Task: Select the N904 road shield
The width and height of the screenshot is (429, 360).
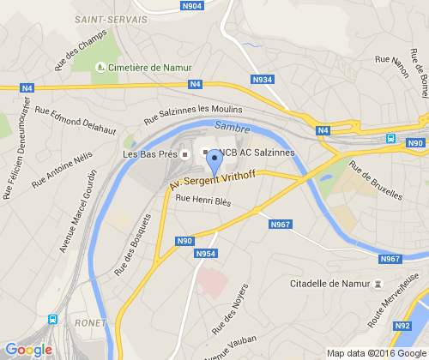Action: (x=193, y=6)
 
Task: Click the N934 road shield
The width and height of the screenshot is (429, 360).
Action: (x=263, y=80)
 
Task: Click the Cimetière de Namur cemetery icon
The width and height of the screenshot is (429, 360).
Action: (x=101, y=67)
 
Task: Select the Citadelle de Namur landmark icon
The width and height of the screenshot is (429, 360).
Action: (x=378, y=283)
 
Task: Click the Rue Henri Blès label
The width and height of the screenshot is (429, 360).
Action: (x=203, y=201)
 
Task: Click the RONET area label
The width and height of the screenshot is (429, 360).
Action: (x=91, y=323)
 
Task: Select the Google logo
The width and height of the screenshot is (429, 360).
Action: (x=28, y=349)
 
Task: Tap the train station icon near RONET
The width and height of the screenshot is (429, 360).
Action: (x=53, y=319)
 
